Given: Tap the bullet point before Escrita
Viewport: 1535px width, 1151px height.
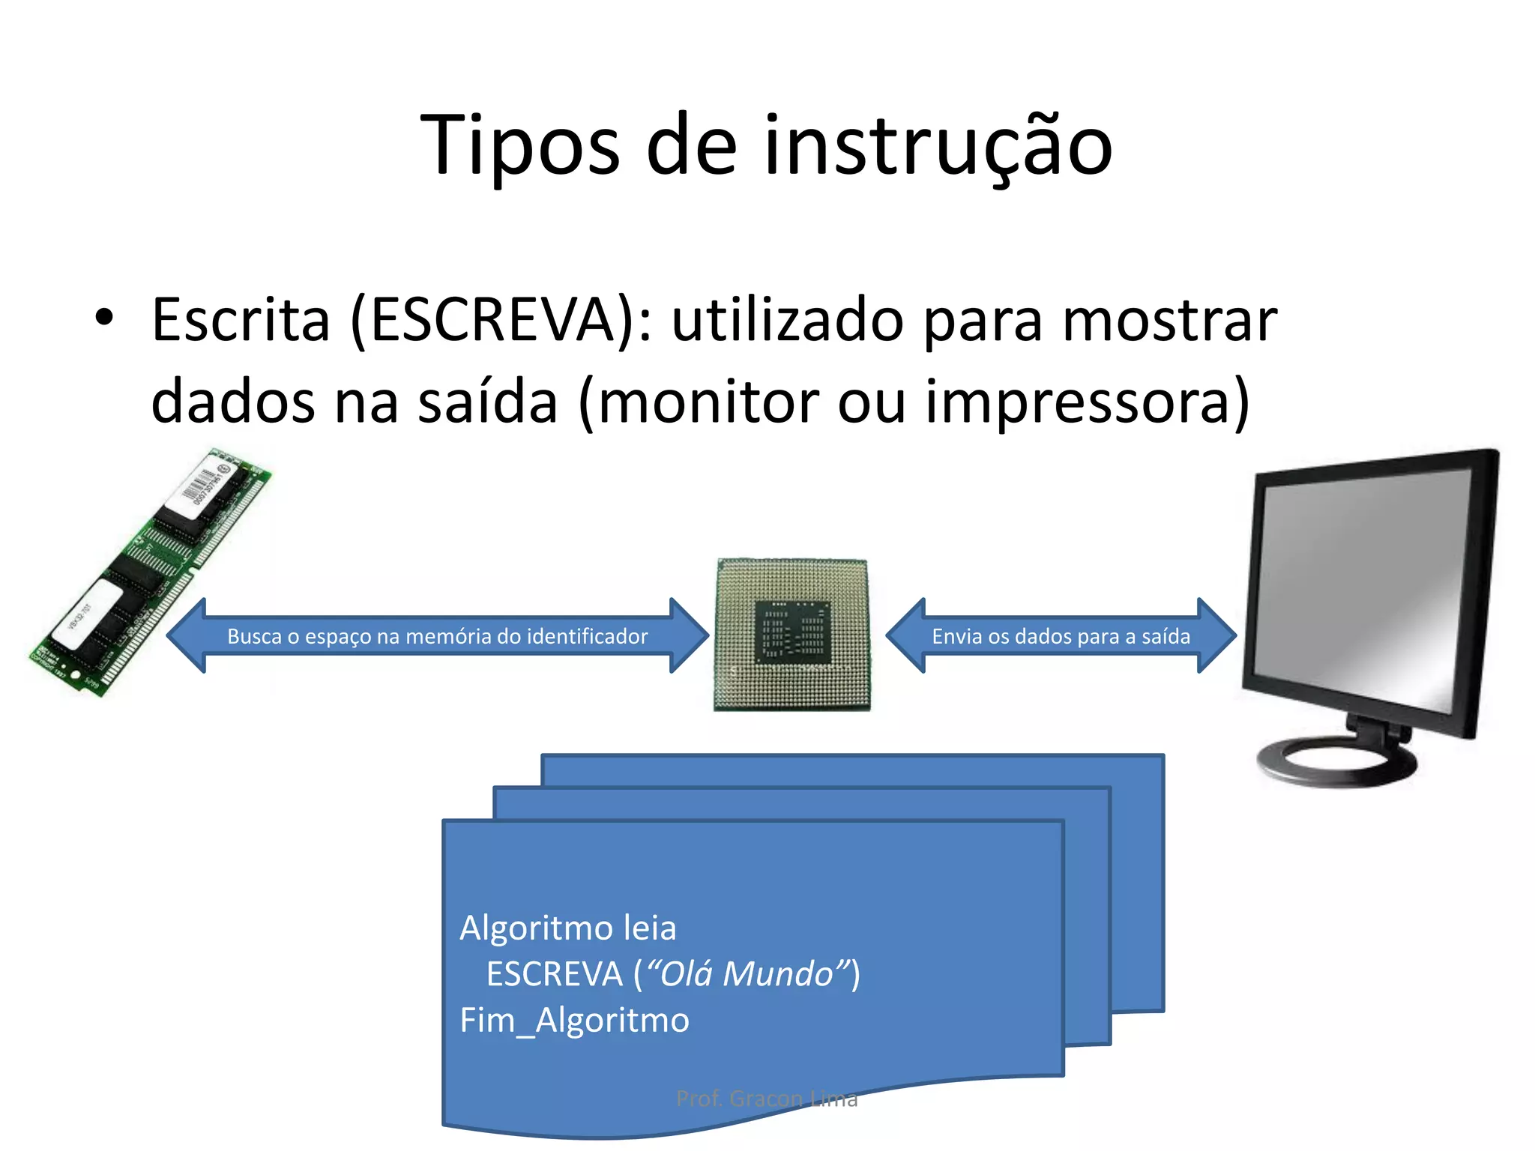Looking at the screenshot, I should pos(104,318).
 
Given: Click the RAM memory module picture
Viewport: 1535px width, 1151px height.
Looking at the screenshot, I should pos(150,573).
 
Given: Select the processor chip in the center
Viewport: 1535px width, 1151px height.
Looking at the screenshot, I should pos(792,635).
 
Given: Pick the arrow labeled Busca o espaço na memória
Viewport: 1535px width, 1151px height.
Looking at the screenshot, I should pos(438,636).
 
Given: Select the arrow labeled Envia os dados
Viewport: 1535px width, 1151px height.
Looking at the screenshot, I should pos(1061,636).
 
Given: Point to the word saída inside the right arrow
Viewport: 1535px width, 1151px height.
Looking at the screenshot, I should pos(1165,636).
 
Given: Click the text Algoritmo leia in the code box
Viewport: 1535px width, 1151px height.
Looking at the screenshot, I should pos(567,928).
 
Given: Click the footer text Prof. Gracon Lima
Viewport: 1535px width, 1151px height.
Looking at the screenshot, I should pos(767,1099).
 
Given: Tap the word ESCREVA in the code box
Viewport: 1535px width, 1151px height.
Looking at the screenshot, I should pos(554,974).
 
